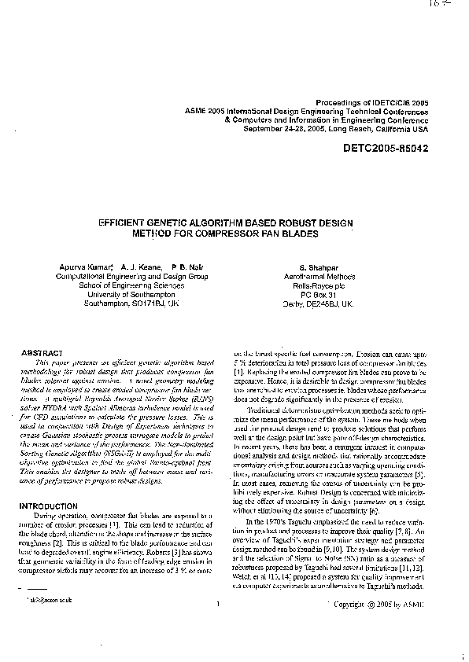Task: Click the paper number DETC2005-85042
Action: (385, 148)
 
